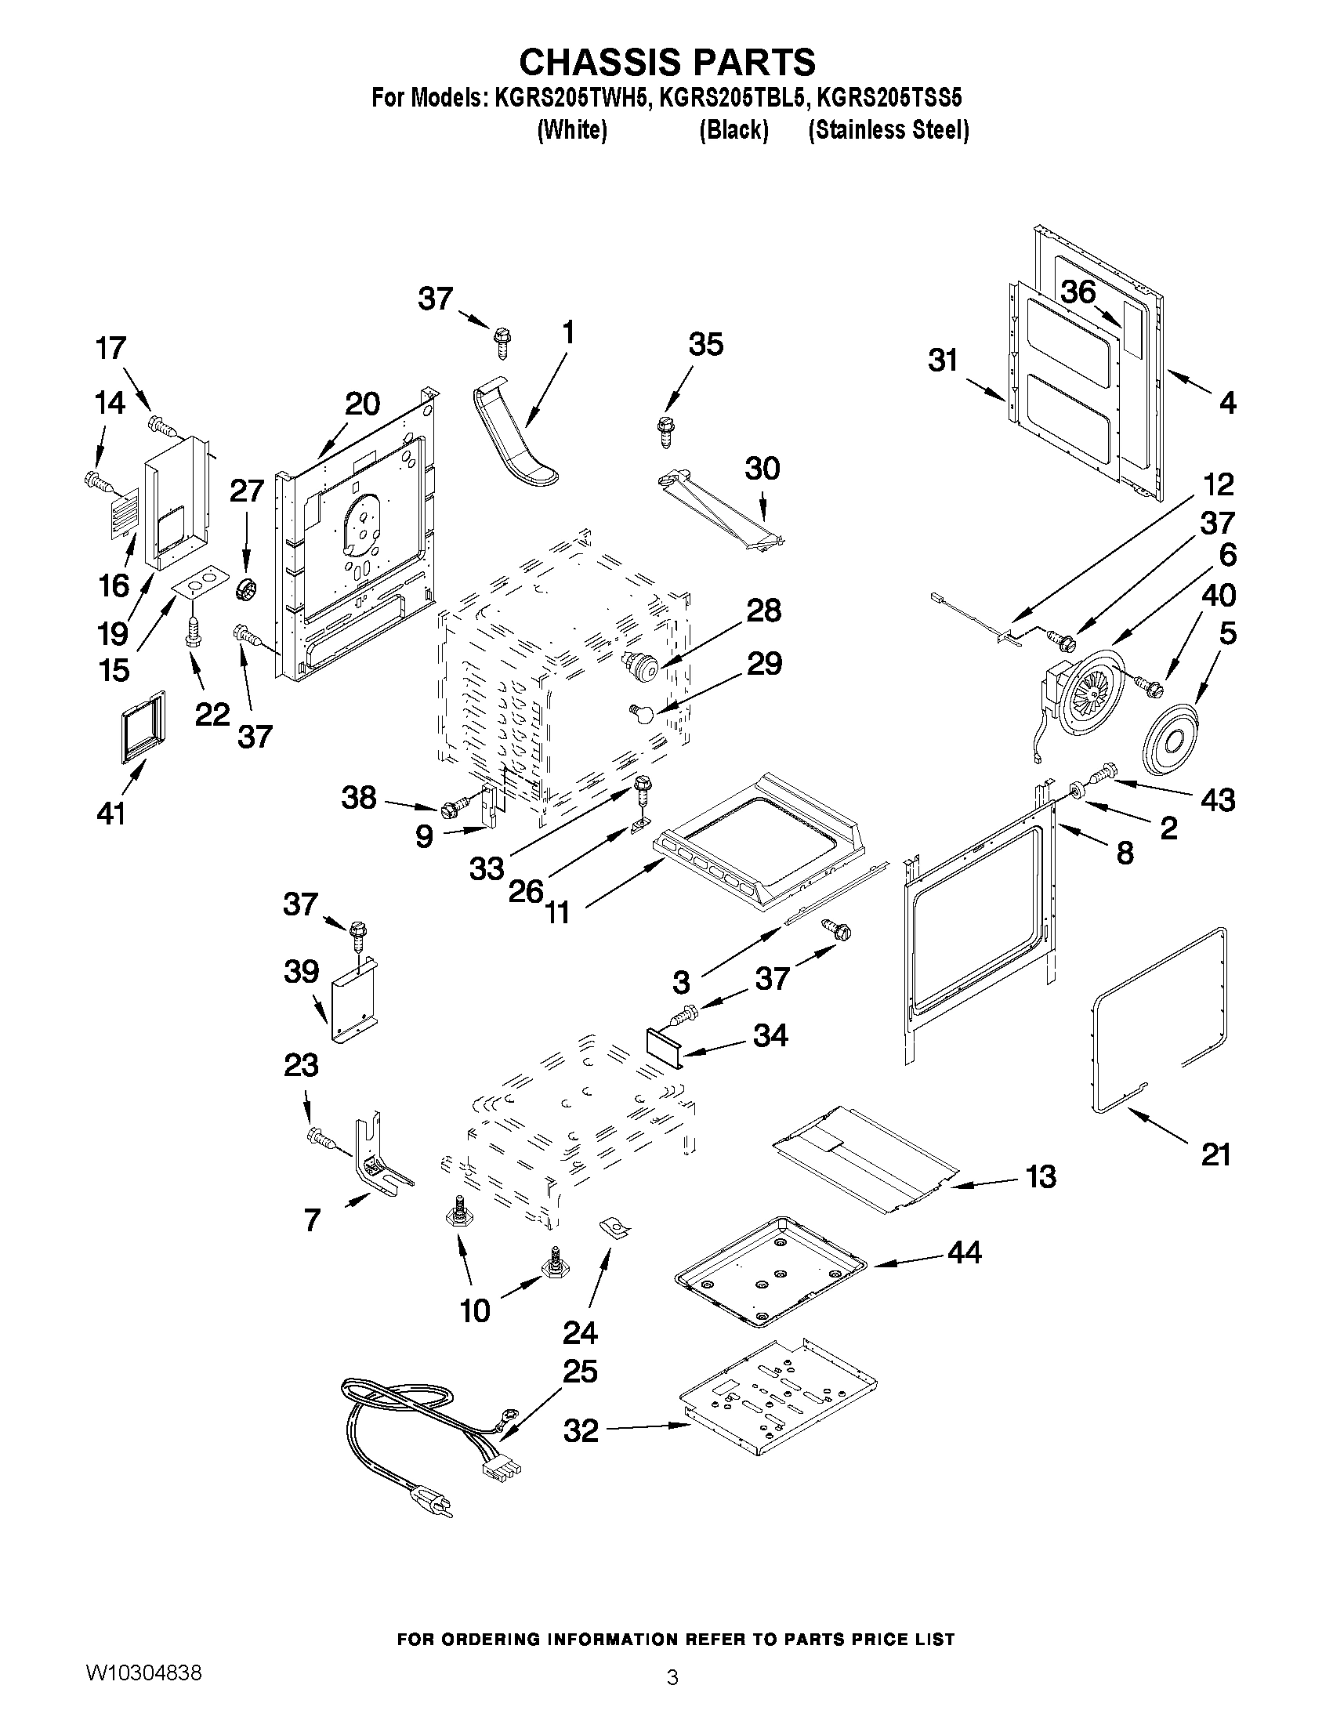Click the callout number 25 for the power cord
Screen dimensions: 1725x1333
pyautogui.click(x=580, y=1372)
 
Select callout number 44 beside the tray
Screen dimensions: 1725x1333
pyautogui.click(x=963, y=1252)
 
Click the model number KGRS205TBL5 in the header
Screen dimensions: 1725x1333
pyautogui.click(x=733, y=98)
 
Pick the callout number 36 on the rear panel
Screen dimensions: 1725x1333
pyautogui.click(x=1078, y=292)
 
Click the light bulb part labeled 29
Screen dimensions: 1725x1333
pyautogui.click(x=642, y=713)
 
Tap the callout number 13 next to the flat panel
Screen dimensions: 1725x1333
pyautogui.click(x=1041, y=1177)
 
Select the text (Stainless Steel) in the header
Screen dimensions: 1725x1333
pyautogui.click(x=889, y=130)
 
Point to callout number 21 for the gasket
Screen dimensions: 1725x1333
pyautogui.click(x=1215, y=1154)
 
